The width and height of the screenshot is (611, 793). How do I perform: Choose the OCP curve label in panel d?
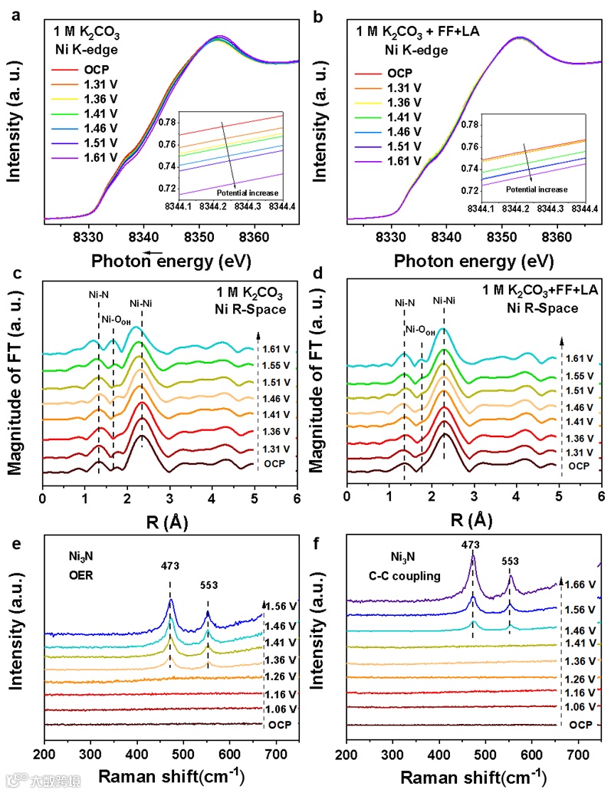(579, 466)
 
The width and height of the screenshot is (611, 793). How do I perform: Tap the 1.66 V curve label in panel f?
(583, 585)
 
